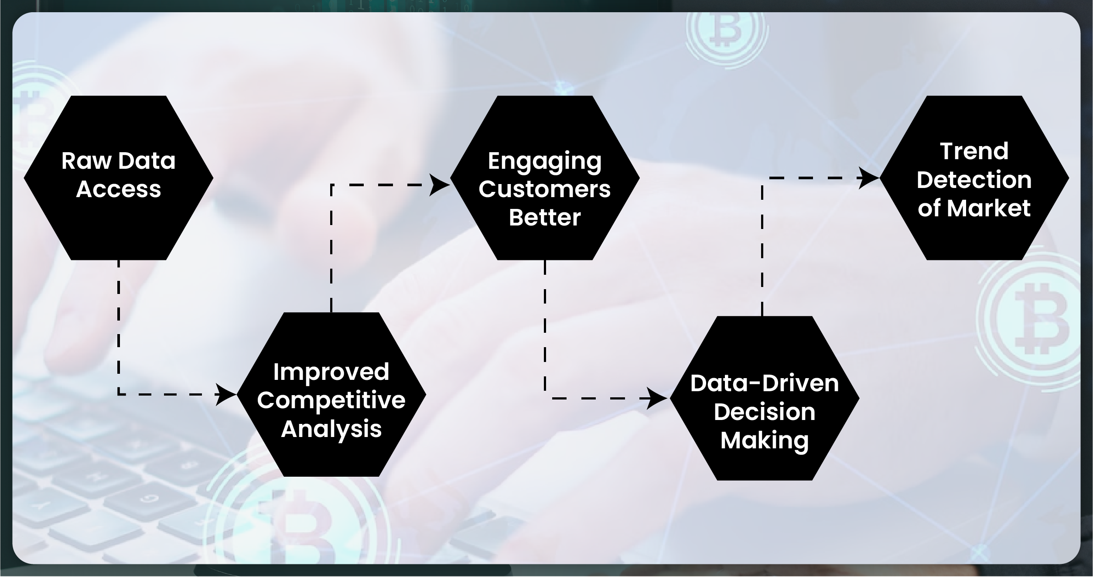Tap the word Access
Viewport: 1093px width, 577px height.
coord(119,189)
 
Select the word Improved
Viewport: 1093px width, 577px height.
coord(331,372)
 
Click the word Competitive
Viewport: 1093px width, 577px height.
coord(331,400)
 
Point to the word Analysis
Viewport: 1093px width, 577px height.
coord(331,429)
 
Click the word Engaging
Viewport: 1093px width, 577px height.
coord(544,161)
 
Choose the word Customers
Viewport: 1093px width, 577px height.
coord(544,189)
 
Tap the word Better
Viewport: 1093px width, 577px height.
coord(544,217)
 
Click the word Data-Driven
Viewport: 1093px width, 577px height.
coord(764,383)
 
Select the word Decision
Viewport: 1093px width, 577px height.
coord(764,412)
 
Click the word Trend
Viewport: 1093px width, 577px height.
coord(974,151)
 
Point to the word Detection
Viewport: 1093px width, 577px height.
coord(974,180)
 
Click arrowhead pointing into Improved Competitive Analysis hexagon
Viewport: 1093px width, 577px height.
coord(227,395)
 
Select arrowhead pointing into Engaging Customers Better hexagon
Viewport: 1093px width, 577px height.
coord(439,185)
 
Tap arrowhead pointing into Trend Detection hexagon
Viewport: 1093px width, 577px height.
coord(869,178)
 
